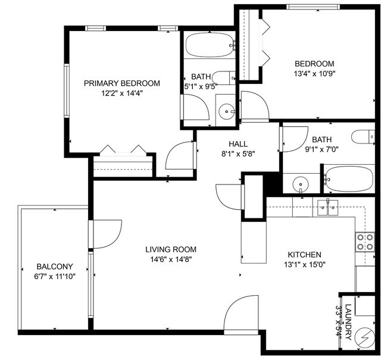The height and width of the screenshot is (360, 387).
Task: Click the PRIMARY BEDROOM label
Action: point(121,83)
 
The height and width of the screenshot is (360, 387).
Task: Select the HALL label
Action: point(238,143)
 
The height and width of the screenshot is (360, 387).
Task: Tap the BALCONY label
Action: point(55,266)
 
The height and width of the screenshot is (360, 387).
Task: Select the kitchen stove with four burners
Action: point(365,241)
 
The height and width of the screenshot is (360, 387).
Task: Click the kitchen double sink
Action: point(327,206)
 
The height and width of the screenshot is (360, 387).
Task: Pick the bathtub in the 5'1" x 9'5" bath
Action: point(208,44)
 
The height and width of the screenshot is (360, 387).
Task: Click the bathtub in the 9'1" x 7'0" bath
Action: point(348,179)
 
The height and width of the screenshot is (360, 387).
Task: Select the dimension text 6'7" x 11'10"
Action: point(55,276)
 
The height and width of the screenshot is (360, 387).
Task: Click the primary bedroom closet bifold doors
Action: point(122,151)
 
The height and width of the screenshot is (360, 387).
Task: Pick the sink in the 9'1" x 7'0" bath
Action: point(301,184)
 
